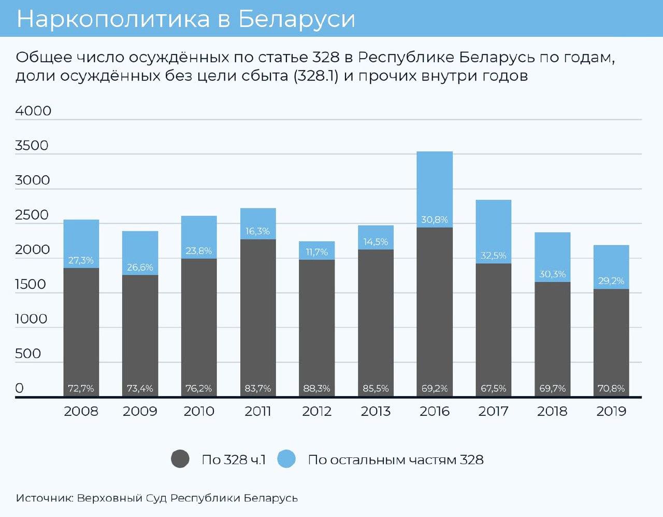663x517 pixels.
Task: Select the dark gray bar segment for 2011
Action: tap(257, 311)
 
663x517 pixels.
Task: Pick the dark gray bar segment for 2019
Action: tap(611, 337)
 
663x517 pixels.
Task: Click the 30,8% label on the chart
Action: tap(434, 220)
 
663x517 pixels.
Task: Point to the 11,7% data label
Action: tap(316, 252)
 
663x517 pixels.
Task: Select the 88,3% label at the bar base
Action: tap(316, 388)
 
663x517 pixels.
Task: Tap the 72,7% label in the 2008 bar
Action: tap(81, 388)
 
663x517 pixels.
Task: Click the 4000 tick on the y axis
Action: tap(33, 111)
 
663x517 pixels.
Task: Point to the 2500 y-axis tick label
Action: tap(32, 215)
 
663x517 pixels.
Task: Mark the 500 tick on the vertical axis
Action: tap(28, 354)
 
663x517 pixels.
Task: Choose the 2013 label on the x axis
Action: tap(376, 411)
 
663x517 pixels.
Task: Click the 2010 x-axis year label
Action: tap(199, 411)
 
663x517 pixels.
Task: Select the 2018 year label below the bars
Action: tap(552, 411)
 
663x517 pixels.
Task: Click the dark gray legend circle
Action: tap(180, 459)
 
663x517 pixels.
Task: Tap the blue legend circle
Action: tap(286, 459)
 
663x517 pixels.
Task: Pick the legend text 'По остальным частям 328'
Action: tap(396, 460)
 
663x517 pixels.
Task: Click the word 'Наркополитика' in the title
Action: tap(113, 19)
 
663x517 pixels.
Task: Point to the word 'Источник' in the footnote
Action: tap(45, 498)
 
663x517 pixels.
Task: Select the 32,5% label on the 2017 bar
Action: tap(493, 256)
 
